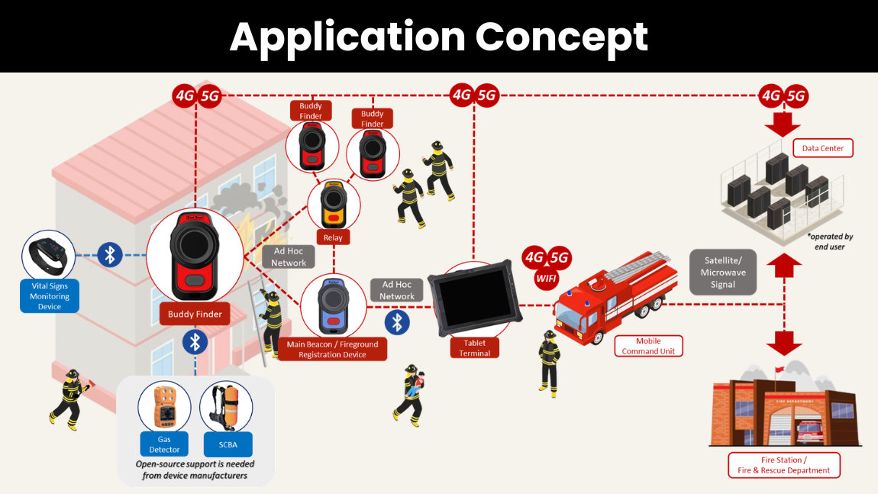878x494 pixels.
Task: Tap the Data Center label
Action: click(822, 148)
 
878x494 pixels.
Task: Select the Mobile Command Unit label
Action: click(648, 346)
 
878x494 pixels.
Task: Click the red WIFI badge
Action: click(547, 279)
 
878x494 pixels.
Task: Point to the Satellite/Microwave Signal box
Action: click(723, 273)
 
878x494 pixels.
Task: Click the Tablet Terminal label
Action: click(474, 348)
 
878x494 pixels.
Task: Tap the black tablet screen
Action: click(475, 297)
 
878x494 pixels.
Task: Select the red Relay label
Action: click(333, 237)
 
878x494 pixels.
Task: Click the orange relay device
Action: click(333, 205)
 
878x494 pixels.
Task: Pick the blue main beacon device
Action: click(333, 306)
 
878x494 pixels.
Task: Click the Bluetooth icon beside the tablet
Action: click(397, 323)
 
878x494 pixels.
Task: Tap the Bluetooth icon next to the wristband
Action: click(110, 255)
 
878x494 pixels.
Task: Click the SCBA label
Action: click(228, 444)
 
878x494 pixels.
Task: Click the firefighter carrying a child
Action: click(411, 396)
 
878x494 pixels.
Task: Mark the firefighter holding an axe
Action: click(71, 399)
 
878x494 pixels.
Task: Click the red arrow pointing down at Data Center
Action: click(783, 124)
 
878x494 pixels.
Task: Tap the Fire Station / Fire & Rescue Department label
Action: click(784, 466)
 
